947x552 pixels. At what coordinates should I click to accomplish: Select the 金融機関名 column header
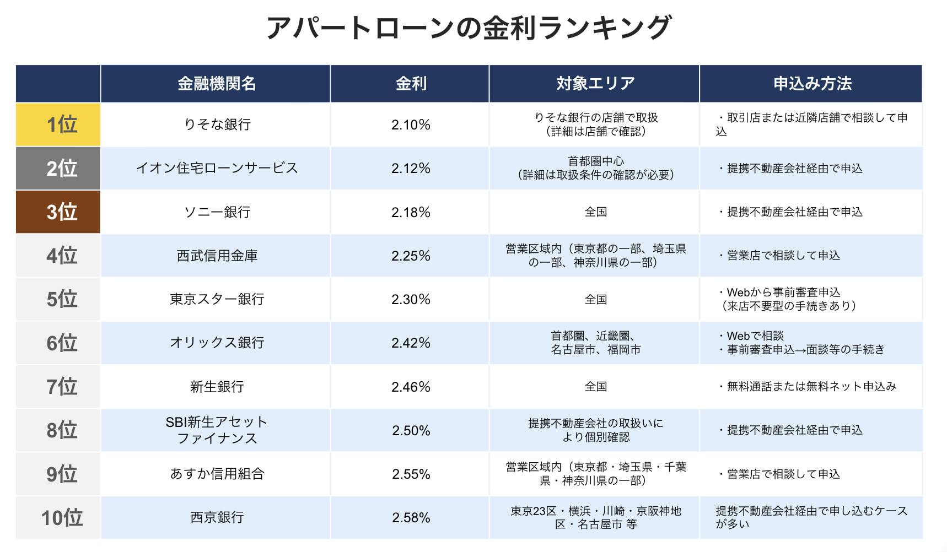(x=216, y=84)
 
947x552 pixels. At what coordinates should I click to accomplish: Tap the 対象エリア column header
(x=595, y=84)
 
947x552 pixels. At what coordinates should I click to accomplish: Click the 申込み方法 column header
(x=812, y=84)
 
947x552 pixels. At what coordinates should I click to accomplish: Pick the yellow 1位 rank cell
(x=58, y=125)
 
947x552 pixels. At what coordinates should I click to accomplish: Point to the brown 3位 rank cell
(x=58, y=212)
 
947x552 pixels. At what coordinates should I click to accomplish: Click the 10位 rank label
(x=62, y=518)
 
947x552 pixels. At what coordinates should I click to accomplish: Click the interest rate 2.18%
(x=411, y=212)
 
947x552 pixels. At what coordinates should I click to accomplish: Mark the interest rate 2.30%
(x=411, y=299)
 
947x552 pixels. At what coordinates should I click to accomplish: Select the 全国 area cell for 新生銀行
(x=595, y=387)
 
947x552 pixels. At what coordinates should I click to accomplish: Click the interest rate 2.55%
(x=411, y=474)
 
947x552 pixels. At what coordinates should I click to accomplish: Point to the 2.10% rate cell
(x=411, y=125)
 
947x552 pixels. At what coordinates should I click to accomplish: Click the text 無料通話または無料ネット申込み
(x=808, y=387)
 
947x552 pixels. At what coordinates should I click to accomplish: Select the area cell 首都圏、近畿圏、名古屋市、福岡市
(x=595, y=343)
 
